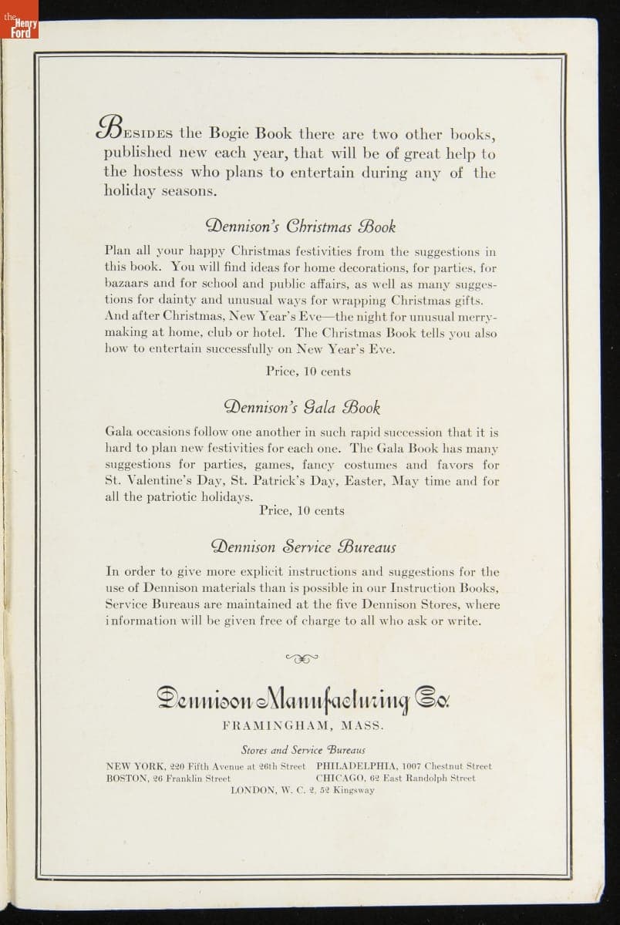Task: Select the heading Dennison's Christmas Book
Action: point(301,227)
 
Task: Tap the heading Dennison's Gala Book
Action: point(302,406)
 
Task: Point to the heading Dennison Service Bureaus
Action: point(303,547)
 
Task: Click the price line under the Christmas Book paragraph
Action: point(308,372)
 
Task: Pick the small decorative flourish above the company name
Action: point(302,658)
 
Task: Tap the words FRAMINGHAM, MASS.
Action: point(303,726)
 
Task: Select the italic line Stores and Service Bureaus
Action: point(302,749)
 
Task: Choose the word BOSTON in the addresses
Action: point(127,779)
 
